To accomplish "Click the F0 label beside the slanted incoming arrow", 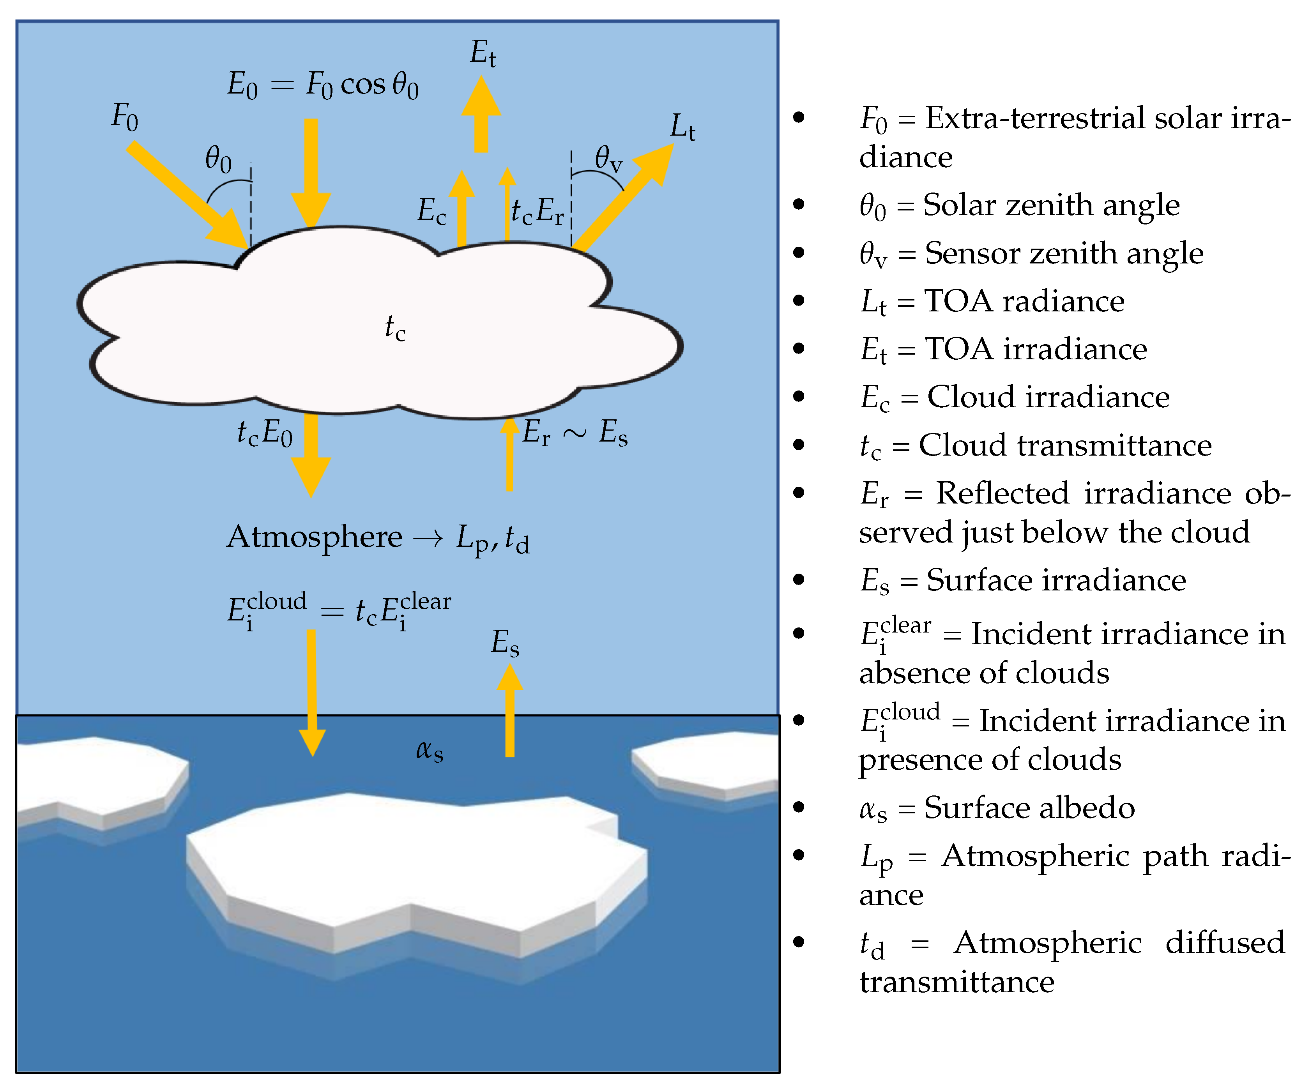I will point(124,117).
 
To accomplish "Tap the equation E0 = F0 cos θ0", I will point(323,85).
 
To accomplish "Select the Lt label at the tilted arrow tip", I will point(682,128).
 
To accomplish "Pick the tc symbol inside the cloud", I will point(394,328).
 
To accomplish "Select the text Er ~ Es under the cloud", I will point(575,433).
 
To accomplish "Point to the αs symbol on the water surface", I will point(430,750).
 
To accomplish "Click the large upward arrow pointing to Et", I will point(481,115).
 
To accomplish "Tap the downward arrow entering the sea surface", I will point(312,695).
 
